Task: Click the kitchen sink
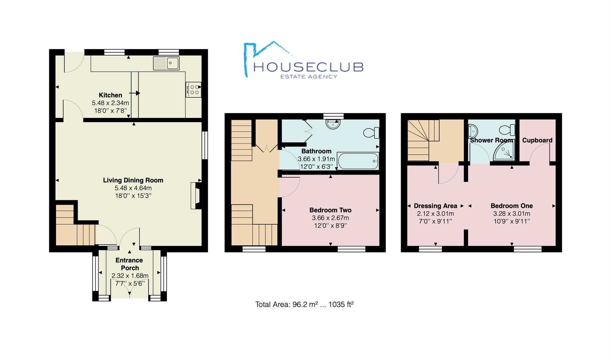[x=166, y=63]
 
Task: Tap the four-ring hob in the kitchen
[x=194, y=90]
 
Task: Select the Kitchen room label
[x=110, y=95]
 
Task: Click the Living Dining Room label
[x=133, y=180]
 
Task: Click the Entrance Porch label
[x=129, y=264]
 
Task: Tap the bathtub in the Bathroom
[x=358, y=161]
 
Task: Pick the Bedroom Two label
[x=330, y=210]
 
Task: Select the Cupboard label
[x=537, y=140]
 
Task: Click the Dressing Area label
[x=435, y=206]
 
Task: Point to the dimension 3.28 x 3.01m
[x=511, y=214]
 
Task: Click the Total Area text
[x=304, y=304]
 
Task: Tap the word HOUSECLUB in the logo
[x=308, y=67]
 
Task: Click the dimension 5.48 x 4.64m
[x=133, y=188]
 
